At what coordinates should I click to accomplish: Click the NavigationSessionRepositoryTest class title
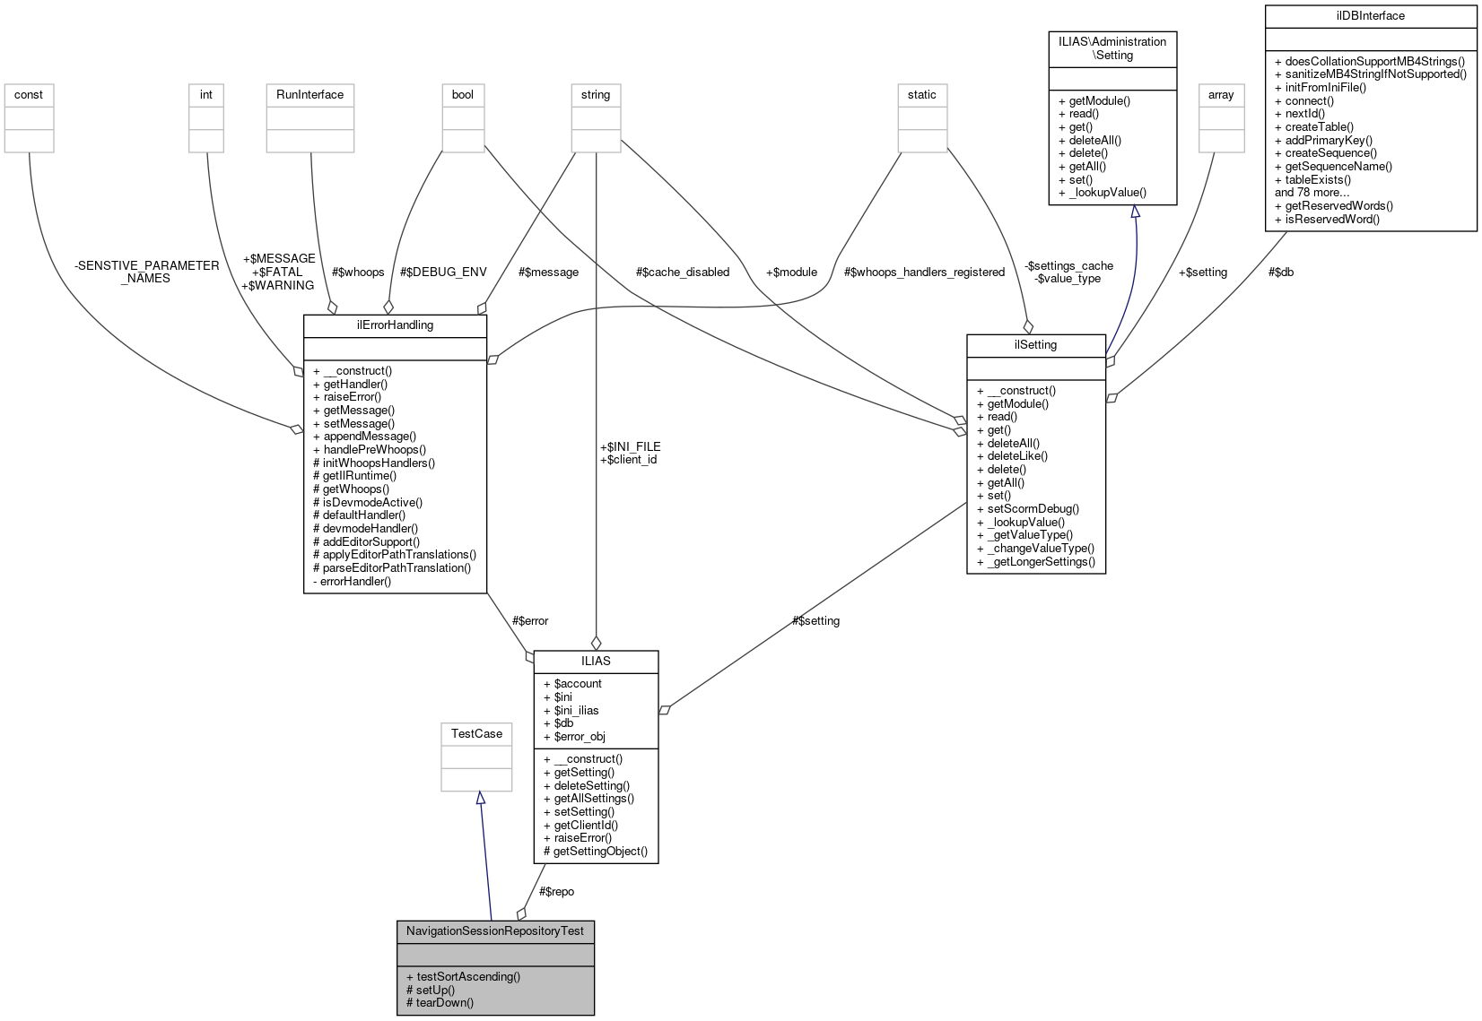tap(494, 930)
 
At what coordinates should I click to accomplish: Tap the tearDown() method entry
tap(444, 1002)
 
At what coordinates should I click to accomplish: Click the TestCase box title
tap(476, 733)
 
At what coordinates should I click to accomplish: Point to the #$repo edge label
tap(556, 891)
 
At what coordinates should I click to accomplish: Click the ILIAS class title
tap(596, 661)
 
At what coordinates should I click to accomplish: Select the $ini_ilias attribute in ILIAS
tap(576, 710)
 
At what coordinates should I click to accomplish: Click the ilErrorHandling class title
tap(395, 324)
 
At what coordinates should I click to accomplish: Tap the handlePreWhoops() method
tap(374, 449)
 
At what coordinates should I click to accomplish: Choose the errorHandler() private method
tap(355, 581)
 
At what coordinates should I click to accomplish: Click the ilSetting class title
tap(1035, 344)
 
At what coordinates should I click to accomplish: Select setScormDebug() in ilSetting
tap(1033, 508)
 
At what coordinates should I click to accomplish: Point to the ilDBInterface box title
tap(1370, 15)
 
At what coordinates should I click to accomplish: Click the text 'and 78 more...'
tap(1312, 192)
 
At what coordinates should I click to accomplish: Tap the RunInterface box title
tap(309, 94)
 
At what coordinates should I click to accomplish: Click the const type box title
tap(29, 94)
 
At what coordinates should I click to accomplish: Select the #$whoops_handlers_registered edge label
tap(924, 272)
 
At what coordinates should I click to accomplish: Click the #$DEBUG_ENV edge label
tap(443, 272)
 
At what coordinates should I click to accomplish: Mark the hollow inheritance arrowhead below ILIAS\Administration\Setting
tap(1135, 212)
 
